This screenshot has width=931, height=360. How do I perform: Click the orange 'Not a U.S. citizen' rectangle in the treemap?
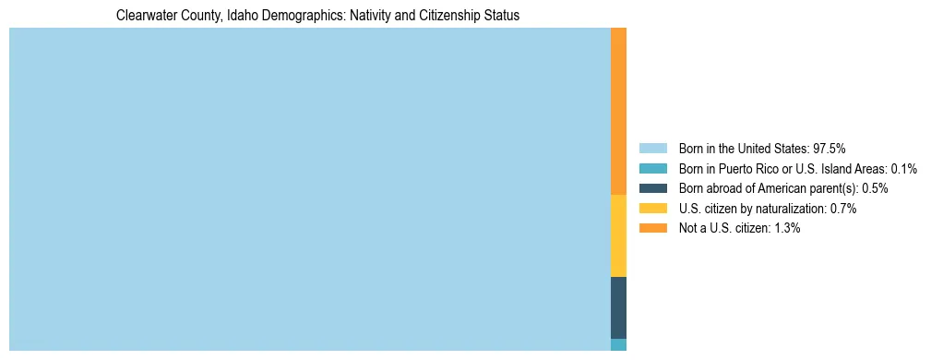tap(618, 111)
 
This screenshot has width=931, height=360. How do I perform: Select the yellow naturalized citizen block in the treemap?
tap(618, 235)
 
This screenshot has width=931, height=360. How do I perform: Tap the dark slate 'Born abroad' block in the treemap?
tap(618, 307)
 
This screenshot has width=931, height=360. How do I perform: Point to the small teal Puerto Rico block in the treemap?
tap(618, 344)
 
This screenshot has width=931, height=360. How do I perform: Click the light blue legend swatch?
tap(652, 148)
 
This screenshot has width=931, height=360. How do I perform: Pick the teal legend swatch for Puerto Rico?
tap(652, 168)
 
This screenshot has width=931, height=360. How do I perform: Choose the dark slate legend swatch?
tap(652, 188)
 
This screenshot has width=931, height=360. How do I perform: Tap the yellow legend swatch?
tap(652, 209)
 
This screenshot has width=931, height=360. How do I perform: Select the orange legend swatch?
tap(652, 228)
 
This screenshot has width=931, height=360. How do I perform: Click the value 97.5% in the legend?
tap(829, 148)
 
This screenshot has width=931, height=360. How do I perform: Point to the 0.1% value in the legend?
tap(903, 168)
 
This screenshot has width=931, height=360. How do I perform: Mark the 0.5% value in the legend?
tap(875, 188)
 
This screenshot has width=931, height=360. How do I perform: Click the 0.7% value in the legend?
tap(842, 209)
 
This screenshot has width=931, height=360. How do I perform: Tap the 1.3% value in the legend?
tap(786, 228)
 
